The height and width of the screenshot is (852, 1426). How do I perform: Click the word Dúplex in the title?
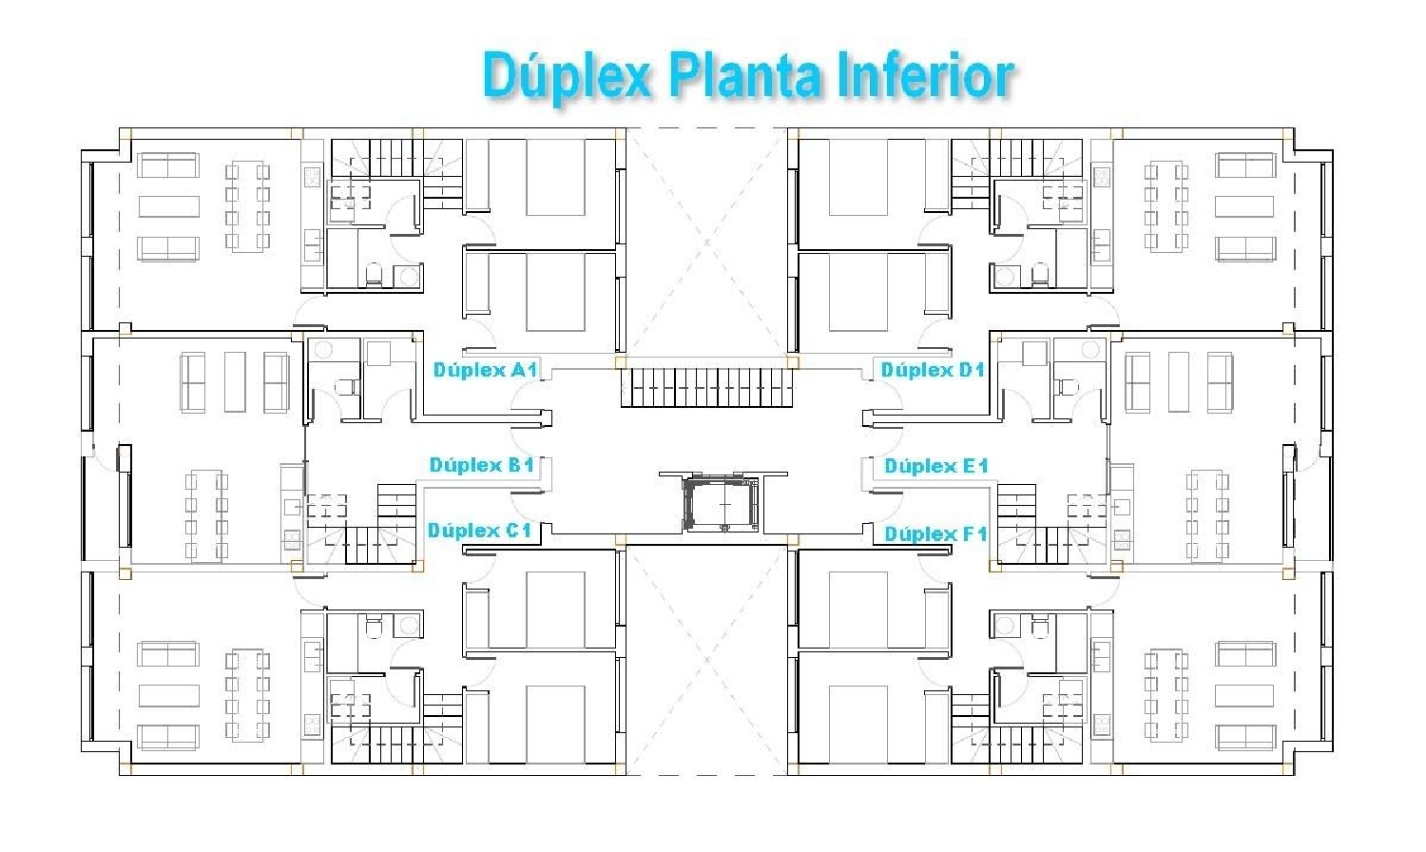pyautogui.click(x=566, y=76)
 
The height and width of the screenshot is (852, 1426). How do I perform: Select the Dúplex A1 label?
pyautogui.click(x=485, y=369)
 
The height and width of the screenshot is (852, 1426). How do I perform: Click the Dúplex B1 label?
pyautogui.click(x=481, y=465)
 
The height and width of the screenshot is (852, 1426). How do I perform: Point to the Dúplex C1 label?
pyautogui.click(x=479, y=531)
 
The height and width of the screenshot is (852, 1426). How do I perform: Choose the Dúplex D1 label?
pyautogui.click(x=933, y=369)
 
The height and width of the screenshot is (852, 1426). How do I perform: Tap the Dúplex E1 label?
pyautogui.click(x=936, y=466)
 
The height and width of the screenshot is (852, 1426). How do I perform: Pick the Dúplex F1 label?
pyautogui.click(x=935, y=533)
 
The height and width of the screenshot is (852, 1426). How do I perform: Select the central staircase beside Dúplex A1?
pyautogui.click(x=707, y=387)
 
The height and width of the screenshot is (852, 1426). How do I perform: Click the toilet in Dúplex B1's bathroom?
pyautogui.click(x=347, y=387)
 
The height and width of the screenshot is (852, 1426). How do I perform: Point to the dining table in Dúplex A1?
pyautogui.click(x=247, y=207)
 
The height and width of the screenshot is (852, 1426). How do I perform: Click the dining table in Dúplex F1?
pyautogui.click(x=1166, y=695)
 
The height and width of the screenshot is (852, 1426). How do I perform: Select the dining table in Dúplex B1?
pyautogui.click(x=206, y=515)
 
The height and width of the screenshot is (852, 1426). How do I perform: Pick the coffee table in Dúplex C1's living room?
pyautogui.click(x=168, y=696)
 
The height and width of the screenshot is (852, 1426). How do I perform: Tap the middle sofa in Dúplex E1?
pyautogui.click(x=1179, y=381)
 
